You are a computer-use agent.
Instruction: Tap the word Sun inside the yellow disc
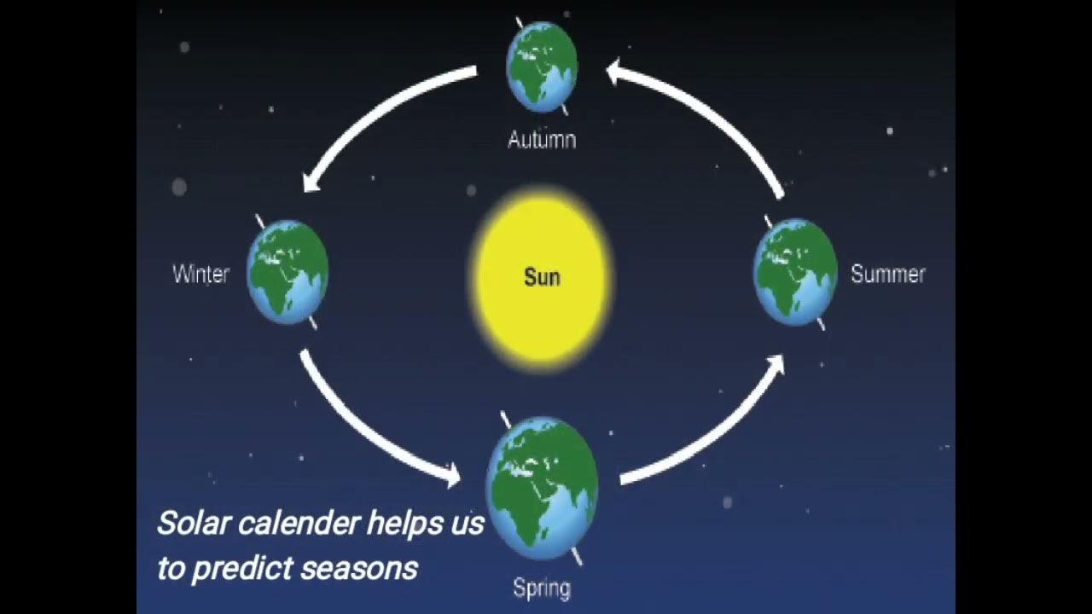pyautogui.click(x=542, y=277)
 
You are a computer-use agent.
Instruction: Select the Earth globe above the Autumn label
pyautogui.click(x=542, y=66)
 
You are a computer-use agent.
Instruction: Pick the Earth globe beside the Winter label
pyautogui.click(x=288, y=272)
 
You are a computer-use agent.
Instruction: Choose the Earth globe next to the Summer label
pyautogui.click(x=795, y=272)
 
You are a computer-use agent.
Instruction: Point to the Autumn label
pyautogui.click(x=542, y=140)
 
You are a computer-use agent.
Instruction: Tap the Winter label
pyautogui.click(x=201, y=275)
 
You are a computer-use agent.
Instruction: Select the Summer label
pyautogui.click(x=888, y=275)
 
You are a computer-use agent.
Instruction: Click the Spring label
pyautogui.click(x=542, y=588)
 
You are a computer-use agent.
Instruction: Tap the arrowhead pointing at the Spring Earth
pyautogui.click(x=450, y=474)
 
